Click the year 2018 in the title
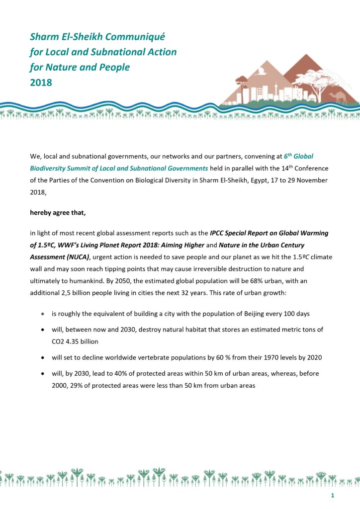[41, 83]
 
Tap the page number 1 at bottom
[332, 497]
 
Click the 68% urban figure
[254, 281]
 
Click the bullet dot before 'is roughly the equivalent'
[43, 315]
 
